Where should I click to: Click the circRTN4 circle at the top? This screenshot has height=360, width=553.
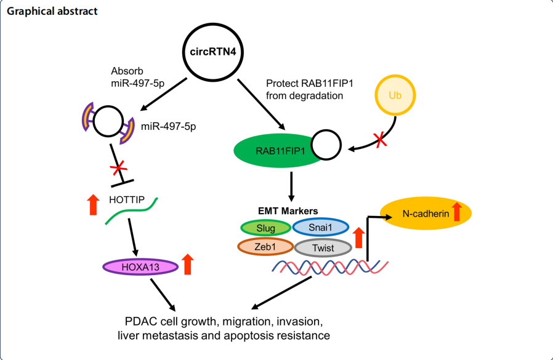(x=212, y=51)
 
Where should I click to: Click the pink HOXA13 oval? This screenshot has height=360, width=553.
(x=140, y=266)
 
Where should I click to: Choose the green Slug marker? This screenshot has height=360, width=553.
(x=265, y=228)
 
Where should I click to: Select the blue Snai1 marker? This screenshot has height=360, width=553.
(x=320, y=228)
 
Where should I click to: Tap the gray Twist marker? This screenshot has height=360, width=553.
(x=323, y=247)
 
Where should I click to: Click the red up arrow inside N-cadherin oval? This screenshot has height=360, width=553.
(x=456, y=212)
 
